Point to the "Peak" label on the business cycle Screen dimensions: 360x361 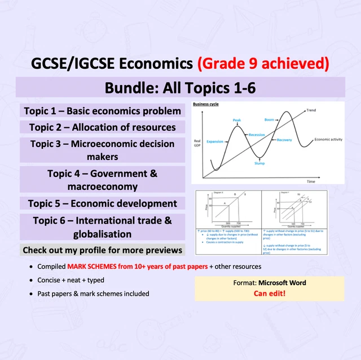tap(237, 120)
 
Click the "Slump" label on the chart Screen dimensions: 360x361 tap(259, 163)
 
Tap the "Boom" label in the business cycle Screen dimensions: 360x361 tap(269, 120)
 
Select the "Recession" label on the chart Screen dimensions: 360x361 tap(257, 135)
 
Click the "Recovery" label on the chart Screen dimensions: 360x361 tap(284, 139)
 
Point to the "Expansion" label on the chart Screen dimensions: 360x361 tap(215, 142)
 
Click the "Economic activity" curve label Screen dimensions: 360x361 tap(330, 139)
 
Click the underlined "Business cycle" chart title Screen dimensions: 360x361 tap(206, 105)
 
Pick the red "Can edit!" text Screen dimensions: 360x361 tap(269, 294)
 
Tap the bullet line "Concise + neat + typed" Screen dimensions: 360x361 tap(71, 280)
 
